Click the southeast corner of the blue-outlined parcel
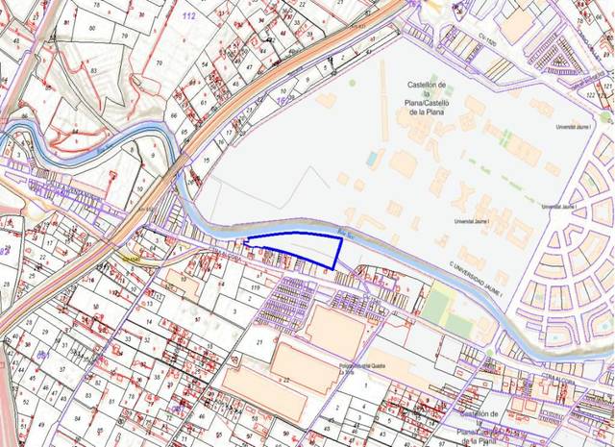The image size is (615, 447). (x=332, y=266)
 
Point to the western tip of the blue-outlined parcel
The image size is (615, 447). (x=245, y=242)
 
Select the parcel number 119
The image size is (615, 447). (x=255, y=287)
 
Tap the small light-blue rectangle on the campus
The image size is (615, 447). (x=372, y=157)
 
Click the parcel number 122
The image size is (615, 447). (x=589, y=96)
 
